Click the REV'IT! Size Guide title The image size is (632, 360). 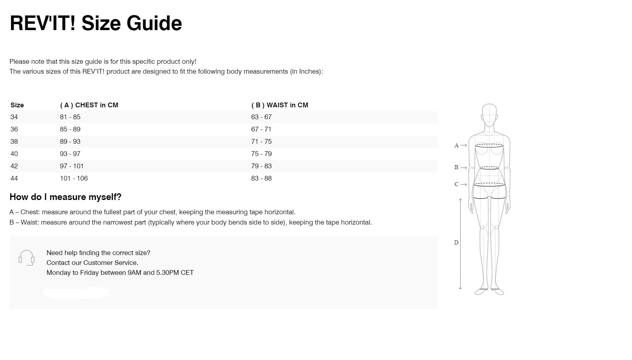[95, 23]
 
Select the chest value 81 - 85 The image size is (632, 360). [70, 117]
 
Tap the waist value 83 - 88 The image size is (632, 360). [261, 178]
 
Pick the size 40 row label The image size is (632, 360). [14, 154]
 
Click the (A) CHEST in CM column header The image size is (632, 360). [89, 105]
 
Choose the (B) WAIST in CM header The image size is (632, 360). [280, 105]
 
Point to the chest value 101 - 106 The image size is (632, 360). [74, 178]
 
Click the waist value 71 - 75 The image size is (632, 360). [261, 141]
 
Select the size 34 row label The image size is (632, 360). [14, 117]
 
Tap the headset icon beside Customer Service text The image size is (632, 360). [27, 258]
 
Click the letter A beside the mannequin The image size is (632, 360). [456, 146]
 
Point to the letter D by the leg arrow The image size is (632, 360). [456, 242]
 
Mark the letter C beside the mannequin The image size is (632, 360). [456, 184]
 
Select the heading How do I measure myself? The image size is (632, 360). [65, 197]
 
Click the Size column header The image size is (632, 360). [17, 105]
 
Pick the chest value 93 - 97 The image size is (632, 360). [70, 154]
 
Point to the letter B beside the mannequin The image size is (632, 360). [456, 168]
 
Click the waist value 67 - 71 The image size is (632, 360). [261, 129]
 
